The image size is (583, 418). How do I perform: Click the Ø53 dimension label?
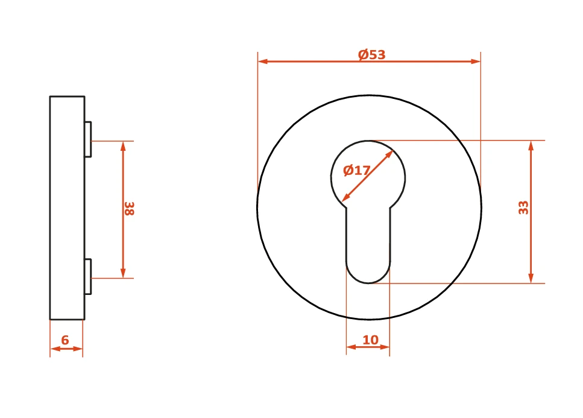tap(371, 55)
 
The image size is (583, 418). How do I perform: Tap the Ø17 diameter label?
tap(356, 170)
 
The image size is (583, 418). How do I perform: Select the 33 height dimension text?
tap(523, 207)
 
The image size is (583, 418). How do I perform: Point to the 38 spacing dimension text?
tap(129, 209)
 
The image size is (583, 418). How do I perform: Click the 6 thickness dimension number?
tap(65, 340)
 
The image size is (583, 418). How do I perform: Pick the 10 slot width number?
tap(370, 340)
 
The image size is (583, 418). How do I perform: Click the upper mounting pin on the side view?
tap(88, 139)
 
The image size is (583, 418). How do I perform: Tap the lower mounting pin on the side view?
tap(88, 276)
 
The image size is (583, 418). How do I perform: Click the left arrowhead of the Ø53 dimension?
tap(263, 61)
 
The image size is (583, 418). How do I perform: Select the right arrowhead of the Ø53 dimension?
tap(476, 61)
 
